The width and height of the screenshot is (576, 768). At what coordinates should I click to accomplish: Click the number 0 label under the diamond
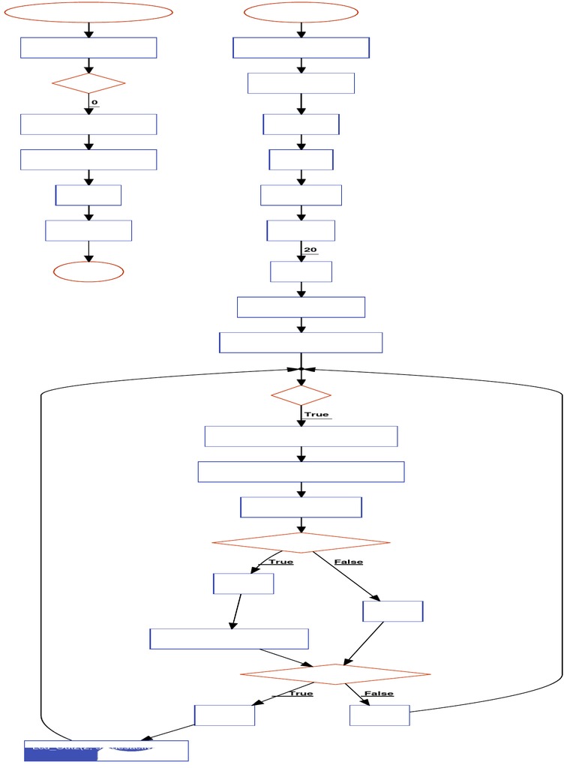click(x=94, y=102)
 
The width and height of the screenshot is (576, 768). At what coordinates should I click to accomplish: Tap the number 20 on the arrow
click(x=310, y=250)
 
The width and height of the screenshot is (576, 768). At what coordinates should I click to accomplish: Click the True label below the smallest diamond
click(x=316, y=414)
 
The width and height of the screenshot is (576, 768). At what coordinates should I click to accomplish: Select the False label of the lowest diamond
click(x=379, y=693)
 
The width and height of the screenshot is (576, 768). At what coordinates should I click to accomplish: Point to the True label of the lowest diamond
click(x=301, y=693)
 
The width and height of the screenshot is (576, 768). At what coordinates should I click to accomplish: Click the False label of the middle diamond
click(x=349, y=562)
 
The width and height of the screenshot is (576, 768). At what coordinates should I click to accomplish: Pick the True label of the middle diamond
click(x=281, y=562)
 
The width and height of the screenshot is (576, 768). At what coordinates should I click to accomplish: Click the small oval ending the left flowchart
click(x=88, y=271)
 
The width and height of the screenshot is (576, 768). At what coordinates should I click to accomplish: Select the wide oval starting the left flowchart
click(x=88, y=12)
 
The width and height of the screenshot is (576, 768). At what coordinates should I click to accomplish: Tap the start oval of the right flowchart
click(x=301, y=12)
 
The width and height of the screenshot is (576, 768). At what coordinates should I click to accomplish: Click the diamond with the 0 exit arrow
click(x=88, y=83)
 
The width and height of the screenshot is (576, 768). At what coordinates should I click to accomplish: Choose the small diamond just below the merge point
click(x=301, y=394)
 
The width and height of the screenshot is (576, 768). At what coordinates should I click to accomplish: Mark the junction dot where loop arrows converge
click(x=301, y=369)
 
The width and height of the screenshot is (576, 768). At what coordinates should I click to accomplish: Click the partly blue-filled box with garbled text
click(x=106, y=750)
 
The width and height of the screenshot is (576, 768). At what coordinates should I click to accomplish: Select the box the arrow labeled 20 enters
click(x=301, y=271)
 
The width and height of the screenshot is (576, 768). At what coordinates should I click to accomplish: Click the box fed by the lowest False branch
click(x=379, y=715)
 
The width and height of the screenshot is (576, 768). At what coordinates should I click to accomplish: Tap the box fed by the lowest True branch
click(x=224, y=715)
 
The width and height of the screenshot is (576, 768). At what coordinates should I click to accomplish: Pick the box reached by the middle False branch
click(x=392, y=611)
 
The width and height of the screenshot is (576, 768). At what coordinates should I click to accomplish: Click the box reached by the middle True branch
click(x=243, y=583)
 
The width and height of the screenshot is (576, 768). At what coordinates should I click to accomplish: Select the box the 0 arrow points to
click(x=88, y=124)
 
